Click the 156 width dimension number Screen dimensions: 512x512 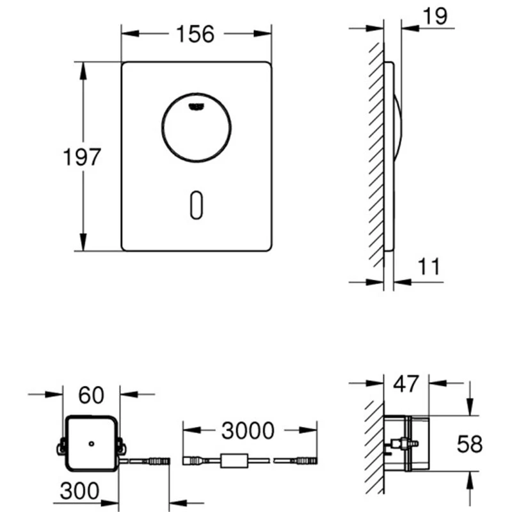[x=195, y=34]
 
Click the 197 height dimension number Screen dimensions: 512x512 [x=82, y=157]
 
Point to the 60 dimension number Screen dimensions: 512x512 [x=92, y=396]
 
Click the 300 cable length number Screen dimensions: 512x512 [x=79, y=491]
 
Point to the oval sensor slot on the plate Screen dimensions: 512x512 [x=195, y=205]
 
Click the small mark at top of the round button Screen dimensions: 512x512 [x=195, y=107]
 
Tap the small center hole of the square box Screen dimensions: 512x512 [x=92, y=442]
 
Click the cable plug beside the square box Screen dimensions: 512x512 [x=157, y=460]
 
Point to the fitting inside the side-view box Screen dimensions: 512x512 [x=399, y=443]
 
